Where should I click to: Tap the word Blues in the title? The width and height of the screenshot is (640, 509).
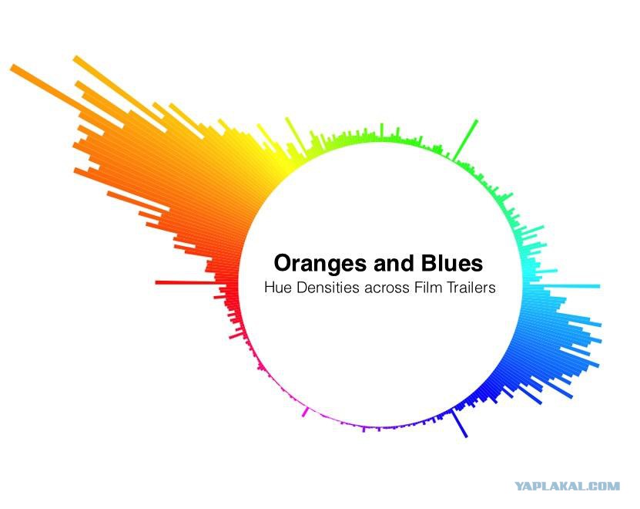452,263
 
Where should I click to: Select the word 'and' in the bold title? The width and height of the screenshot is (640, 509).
394,263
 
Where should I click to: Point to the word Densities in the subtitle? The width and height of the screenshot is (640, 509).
328,288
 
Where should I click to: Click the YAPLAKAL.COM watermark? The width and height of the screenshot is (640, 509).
567,486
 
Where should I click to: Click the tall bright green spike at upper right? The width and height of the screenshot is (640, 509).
465,140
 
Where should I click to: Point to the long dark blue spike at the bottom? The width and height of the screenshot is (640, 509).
459,424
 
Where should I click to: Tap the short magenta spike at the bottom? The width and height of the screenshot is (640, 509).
305,412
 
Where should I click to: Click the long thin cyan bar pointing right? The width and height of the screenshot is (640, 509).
571,286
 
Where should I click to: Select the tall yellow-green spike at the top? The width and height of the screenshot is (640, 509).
294,134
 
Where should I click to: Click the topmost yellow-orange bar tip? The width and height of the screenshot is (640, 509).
75,59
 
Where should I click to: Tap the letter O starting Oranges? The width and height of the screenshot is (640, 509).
283,263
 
